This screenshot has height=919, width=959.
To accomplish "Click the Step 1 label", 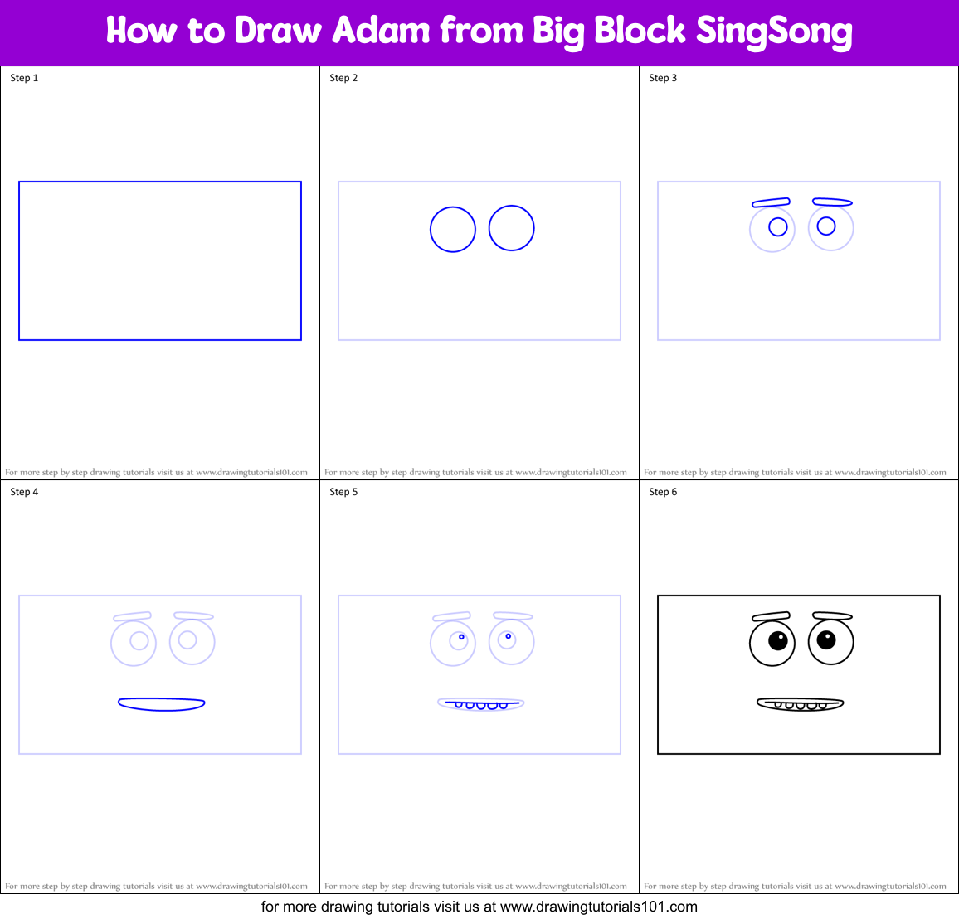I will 24,78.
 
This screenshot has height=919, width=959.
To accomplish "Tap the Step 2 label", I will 343,78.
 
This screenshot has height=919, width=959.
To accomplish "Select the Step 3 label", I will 663,78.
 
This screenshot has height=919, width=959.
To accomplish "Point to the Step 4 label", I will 24,492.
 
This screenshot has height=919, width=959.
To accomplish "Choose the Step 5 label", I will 343,492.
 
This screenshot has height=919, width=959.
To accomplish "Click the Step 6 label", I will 663,492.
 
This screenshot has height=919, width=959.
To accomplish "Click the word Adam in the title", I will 382,31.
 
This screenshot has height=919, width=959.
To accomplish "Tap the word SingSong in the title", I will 773,32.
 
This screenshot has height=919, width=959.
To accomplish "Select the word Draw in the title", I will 278,31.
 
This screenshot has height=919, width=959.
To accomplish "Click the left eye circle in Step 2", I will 453,229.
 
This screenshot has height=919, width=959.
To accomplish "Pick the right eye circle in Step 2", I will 511,228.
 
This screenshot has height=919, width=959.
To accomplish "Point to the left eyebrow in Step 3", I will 771,202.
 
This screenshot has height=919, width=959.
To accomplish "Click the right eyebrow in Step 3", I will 832,202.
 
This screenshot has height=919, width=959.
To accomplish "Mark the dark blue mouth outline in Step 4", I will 162,704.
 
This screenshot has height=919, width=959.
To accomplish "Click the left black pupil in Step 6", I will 777,640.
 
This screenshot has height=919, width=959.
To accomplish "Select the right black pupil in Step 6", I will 826,639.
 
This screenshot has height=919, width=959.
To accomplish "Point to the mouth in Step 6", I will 801,704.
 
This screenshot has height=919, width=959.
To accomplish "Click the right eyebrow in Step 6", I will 832,615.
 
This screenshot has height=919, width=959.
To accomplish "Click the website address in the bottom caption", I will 598,907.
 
